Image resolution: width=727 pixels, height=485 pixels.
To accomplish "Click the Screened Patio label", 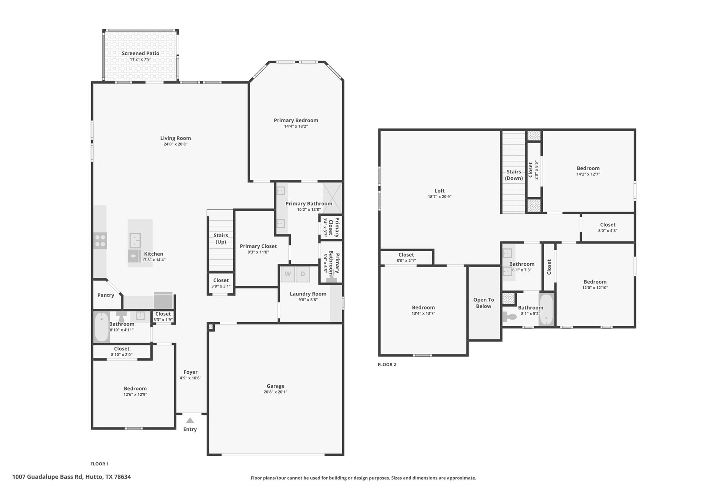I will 140,53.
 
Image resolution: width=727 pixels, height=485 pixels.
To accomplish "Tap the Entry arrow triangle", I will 190,421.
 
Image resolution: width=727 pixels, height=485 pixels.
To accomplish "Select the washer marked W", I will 288,274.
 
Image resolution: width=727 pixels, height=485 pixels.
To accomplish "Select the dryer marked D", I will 303,274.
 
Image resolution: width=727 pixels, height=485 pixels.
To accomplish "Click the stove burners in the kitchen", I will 100,241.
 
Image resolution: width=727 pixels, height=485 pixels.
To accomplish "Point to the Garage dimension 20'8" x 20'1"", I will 275,392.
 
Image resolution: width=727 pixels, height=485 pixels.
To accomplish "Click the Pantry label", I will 106,295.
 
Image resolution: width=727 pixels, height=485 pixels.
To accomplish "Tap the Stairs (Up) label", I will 220,238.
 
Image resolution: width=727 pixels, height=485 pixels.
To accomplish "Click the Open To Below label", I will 483,303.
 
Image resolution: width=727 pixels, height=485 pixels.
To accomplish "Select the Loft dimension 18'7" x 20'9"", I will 439,196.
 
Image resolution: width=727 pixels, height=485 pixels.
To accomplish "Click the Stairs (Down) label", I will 514,175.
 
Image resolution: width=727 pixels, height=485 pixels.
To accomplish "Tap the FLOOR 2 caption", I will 387,365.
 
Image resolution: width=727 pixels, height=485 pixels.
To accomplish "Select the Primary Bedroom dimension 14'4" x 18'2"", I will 296,126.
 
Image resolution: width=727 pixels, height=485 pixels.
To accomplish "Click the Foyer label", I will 190,372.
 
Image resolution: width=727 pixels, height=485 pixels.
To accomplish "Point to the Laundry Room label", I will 308,294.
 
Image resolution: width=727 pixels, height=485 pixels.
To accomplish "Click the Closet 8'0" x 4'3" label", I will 608,225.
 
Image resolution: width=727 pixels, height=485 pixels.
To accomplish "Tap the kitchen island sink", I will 135,240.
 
